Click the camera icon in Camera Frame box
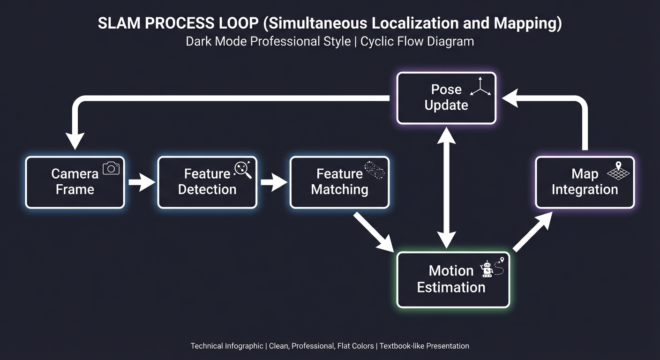[x=111, y=168]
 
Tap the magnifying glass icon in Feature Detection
[x=243, y=169]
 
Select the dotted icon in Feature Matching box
[x=375, y=170]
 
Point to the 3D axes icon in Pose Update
[x=480, y=87]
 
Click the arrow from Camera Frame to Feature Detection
[x=141, y=182]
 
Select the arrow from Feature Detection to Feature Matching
[x=273, y=182]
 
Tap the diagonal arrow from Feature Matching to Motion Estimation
[x=374, y=232]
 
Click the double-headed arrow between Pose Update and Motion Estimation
[x=446, y=187]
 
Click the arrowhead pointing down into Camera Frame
[x=75, y=141]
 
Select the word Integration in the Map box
[x=585, y=189]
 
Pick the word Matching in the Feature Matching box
[x=339, y=189]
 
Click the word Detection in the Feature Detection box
[x=207, y=189]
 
